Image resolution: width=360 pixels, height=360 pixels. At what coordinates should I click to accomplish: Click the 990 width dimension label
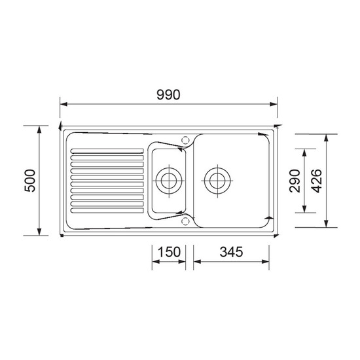(168, 95)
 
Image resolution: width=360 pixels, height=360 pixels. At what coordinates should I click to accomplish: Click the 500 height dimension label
(30, 181)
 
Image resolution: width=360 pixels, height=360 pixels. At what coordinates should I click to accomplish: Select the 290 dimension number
(295, 181)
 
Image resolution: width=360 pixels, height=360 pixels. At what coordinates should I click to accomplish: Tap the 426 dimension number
(316, 181)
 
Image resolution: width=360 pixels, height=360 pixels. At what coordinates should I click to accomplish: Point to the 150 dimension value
(169, 252)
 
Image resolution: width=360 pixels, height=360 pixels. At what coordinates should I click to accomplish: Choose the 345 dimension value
(231, 252)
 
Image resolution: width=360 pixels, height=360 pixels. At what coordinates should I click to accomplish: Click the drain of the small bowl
(169, 181)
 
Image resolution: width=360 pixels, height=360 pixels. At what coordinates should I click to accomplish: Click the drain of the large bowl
(217, 181)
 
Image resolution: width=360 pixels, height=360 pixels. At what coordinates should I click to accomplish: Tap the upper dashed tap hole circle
(185, 139)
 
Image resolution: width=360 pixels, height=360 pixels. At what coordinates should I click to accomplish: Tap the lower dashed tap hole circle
(185, 221)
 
